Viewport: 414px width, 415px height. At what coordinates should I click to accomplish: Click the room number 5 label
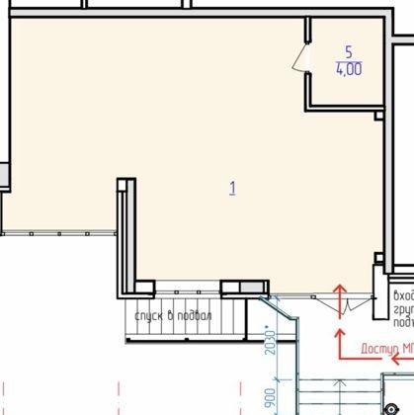347,50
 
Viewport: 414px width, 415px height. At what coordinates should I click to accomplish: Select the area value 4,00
347,69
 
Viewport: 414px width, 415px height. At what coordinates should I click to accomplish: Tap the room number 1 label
232,186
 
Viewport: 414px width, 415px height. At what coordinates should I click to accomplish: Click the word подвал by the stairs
196,315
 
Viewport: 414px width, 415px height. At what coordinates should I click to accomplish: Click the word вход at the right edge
403,295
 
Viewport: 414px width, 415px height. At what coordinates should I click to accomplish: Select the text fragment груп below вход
403,308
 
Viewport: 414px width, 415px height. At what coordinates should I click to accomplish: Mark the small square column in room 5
377,115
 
